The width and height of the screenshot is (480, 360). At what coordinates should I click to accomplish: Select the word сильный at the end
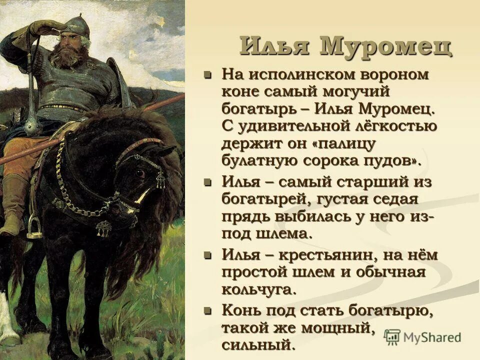[255, 344]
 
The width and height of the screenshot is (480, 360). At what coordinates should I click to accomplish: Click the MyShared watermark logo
[422, 337]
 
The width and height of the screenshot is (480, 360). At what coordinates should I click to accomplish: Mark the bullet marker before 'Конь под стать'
[208, 311]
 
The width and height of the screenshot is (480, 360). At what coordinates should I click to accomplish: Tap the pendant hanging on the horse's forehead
[160, 179]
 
